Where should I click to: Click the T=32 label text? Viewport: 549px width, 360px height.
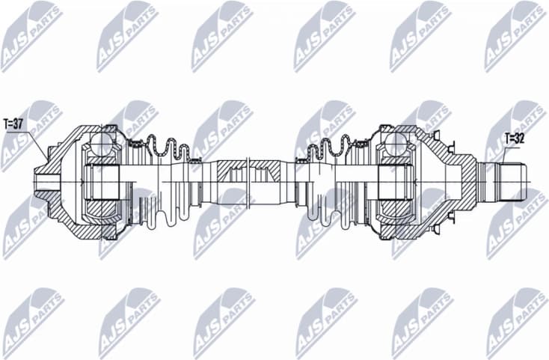tap(514, 138)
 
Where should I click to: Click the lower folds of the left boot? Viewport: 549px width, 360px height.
tap(167, 215)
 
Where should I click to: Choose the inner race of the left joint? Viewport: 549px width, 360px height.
tap(102, 182)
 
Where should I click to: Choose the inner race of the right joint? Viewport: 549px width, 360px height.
tap(392, 182)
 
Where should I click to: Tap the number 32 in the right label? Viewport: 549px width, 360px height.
tap(520, 138)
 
